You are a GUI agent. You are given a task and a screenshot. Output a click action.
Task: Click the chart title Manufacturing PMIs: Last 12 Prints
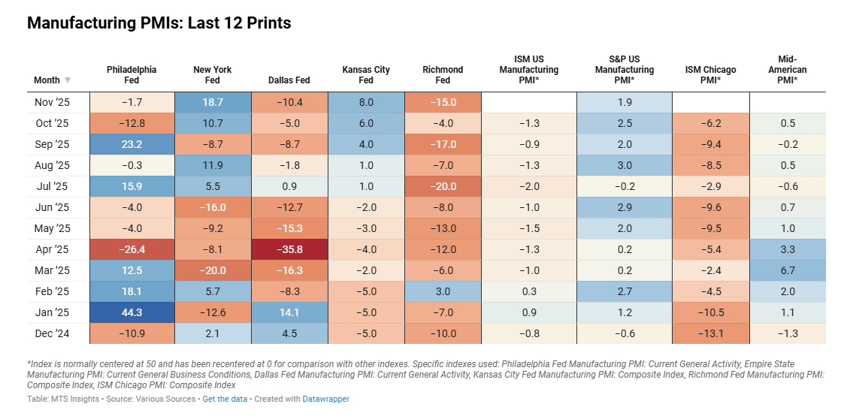159,23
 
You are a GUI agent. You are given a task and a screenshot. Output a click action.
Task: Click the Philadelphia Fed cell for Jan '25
132,312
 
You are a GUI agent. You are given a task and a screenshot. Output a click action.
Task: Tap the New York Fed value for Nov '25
212,102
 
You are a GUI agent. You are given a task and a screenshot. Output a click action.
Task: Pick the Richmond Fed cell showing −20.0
443,186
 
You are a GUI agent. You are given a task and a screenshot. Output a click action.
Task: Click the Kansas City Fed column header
366,75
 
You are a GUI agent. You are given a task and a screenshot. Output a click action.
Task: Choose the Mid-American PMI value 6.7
788,270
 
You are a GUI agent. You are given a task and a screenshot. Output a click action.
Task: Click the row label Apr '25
52,249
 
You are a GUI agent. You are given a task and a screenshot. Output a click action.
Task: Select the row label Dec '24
52,333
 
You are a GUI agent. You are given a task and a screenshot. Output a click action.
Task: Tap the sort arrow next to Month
68,80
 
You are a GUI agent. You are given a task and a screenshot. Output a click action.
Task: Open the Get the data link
225,399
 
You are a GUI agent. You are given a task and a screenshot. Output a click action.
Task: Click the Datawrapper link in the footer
325,399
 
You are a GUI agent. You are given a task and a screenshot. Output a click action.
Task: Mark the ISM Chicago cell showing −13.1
710,333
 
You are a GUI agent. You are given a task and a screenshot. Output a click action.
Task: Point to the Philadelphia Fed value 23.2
132,144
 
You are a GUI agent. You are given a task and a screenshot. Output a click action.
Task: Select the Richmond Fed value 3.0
443,291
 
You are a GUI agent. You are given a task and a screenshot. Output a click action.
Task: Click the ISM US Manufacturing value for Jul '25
528,186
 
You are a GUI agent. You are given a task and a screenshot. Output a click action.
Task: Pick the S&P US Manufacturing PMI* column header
625,70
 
